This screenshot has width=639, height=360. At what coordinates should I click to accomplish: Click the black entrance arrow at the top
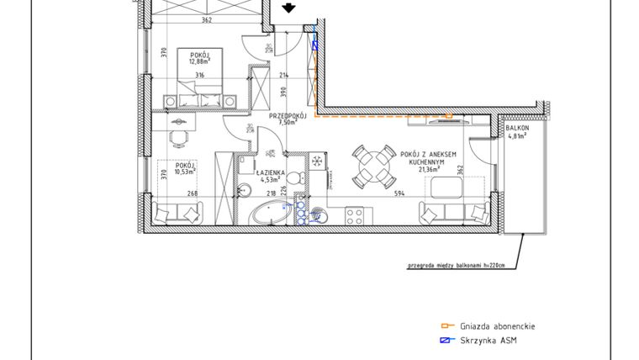point(288,8)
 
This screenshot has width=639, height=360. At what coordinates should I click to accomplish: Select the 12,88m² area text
point(199,60)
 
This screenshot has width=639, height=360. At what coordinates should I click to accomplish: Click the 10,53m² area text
point(185,172)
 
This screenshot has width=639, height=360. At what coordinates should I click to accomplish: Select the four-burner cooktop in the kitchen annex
point(355,215)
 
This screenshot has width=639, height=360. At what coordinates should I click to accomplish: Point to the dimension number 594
point(399,194)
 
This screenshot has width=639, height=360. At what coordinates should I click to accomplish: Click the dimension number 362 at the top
point(206,20)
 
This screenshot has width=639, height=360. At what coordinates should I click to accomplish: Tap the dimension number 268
point(192,194)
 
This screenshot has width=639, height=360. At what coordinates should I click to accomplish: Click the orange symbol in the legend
point(448,326)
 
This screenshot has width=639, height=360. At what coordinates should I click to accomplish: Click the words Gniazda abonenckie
point(498,326)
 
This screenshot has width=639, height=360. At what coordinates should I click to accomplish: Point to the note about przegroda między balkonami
point(455,267)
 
